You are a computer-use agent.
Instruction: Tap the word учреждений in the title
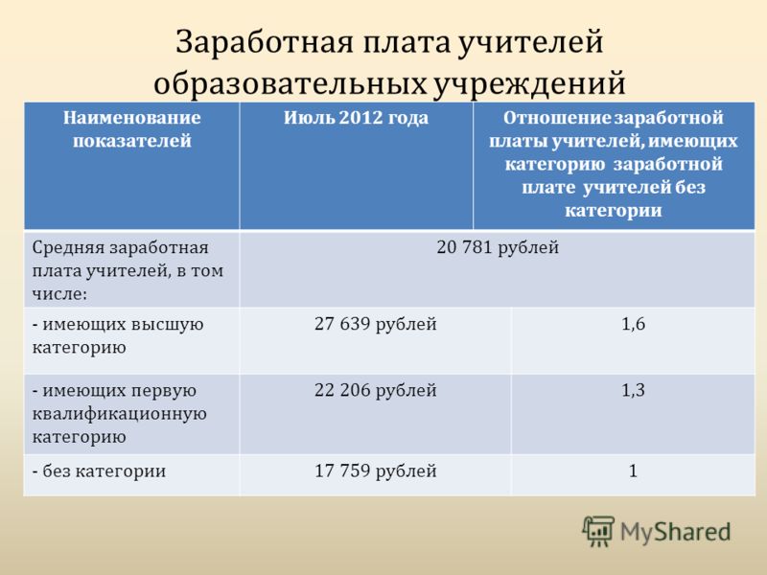tap(530, 83)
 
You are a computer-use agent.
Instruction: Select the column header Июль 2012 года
tap(356, 118)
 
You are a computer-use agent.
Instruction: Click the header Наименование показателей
tap(132, 129)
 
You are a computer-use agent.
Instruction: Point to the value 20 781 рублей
tap(498, 247)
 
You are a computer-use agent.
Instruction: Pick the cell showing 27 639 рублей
tap(375, 324)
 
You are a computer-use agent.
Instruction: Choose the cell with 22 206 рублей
tap(375, 391)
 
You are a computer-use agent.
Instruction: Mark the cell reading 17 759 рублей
tap(375, 471)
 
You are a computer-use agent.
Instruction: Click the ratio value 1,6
tap(633, 324)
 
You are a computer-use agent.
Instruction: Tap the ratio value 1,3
tap(633, 391)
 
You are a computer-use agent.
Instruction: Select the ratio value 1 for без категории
tap(633, 471)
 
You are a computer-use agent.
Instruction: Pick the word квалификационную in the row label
tap(119, 414)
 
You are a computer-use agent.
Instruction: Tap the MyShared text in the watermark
tap(676, 533)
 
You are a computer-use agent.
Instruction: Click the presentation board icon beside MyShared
tap(597, 531)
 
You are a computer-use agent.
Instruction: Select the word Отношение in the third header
tap(557, 118)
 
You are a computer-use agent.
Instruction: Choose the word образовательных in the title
tap(291, 83)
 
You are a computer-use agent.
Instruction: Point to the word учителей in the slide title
tap(531, 42)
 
